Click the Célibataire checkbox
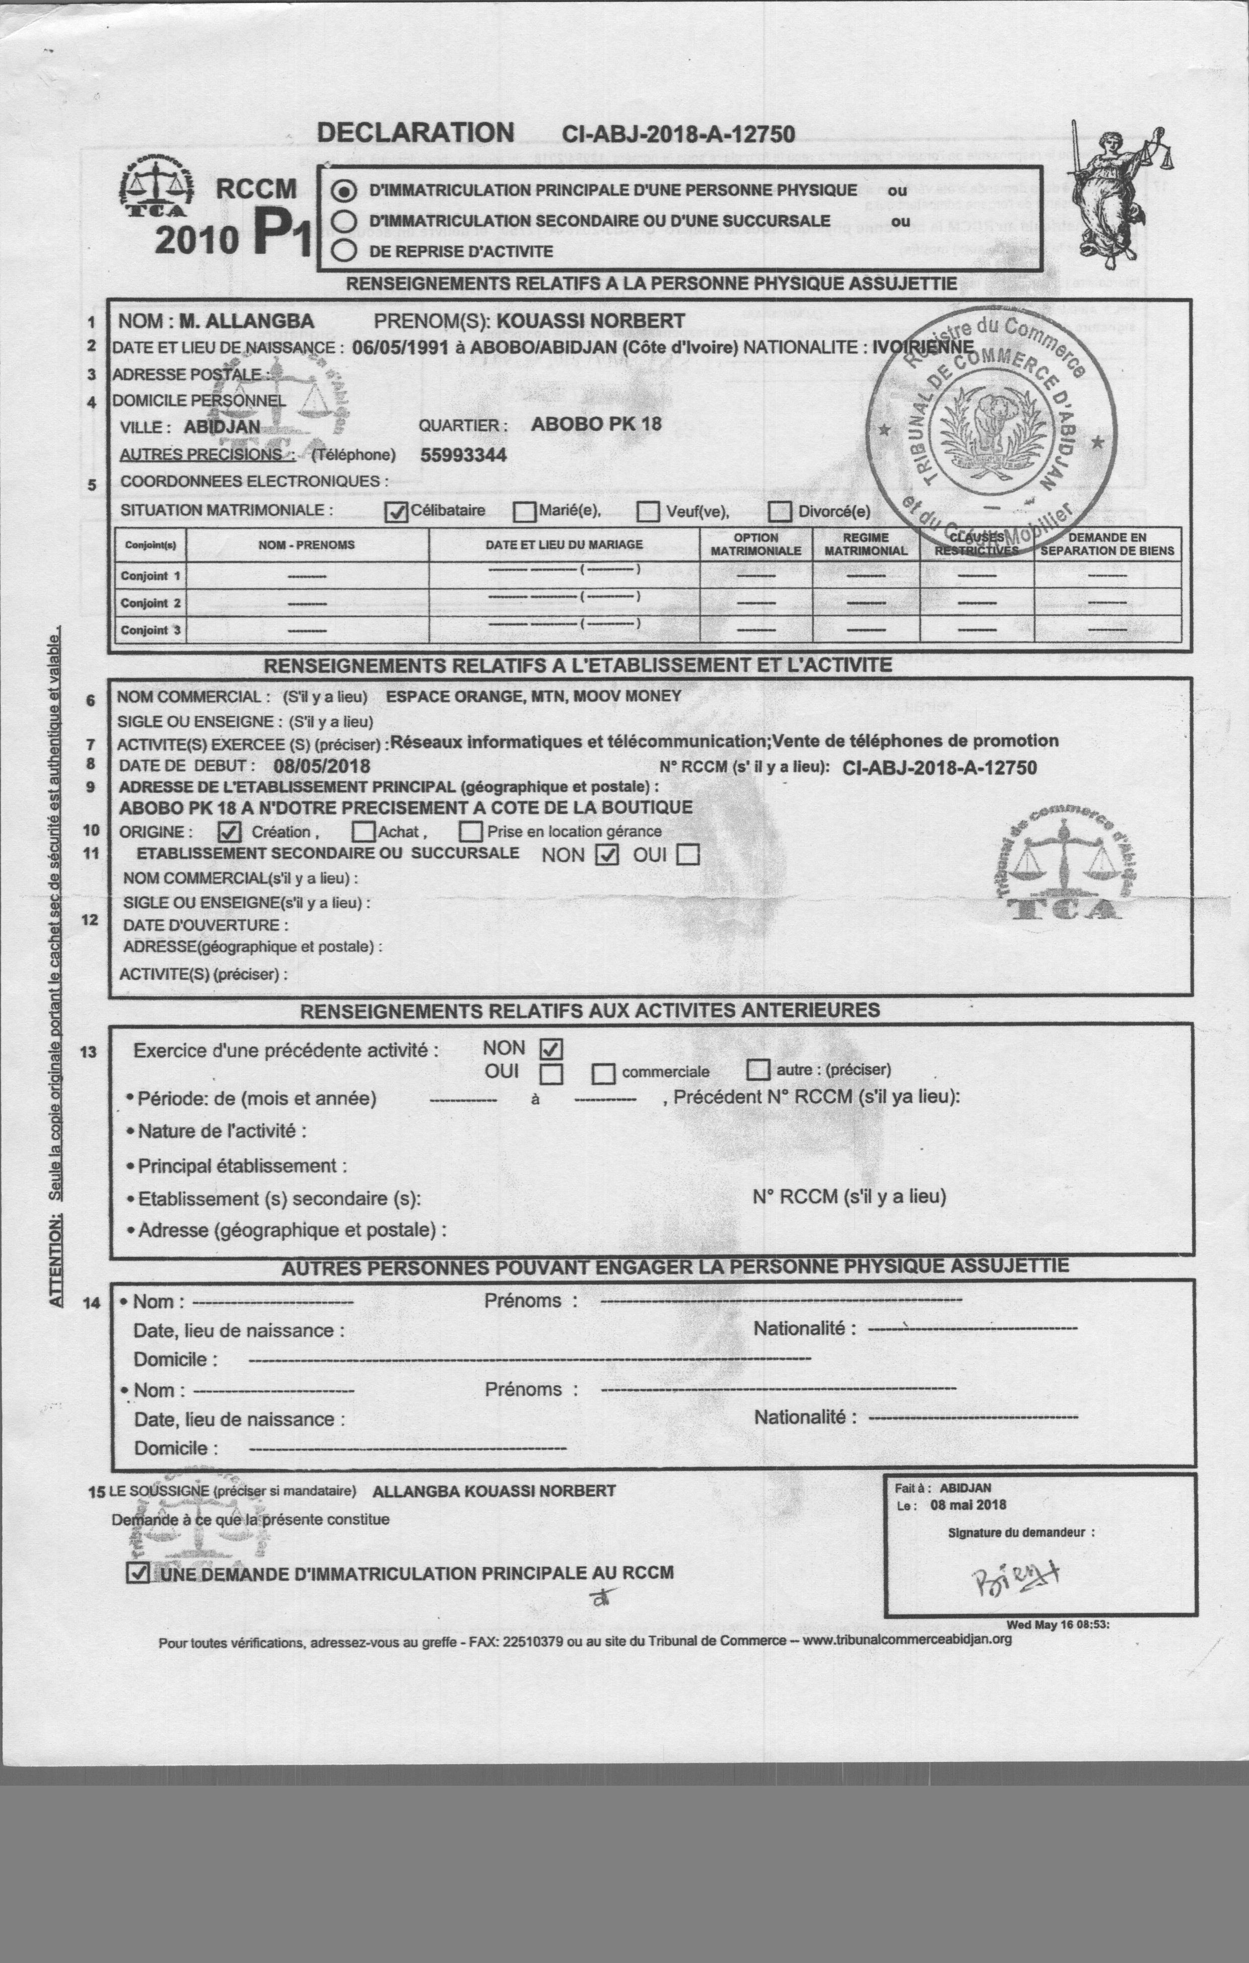396,511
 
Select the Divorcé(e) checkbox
780,512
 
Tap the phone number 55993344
463,455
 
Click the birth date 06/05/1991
400,347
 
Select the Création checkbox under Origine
230,832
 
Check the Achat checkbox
364,832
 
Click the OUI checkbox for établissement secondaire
689,854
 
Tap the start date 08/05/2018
321,766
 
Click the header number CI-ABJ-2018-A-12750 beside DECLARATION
678,134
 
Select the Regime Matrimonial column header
865,544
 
